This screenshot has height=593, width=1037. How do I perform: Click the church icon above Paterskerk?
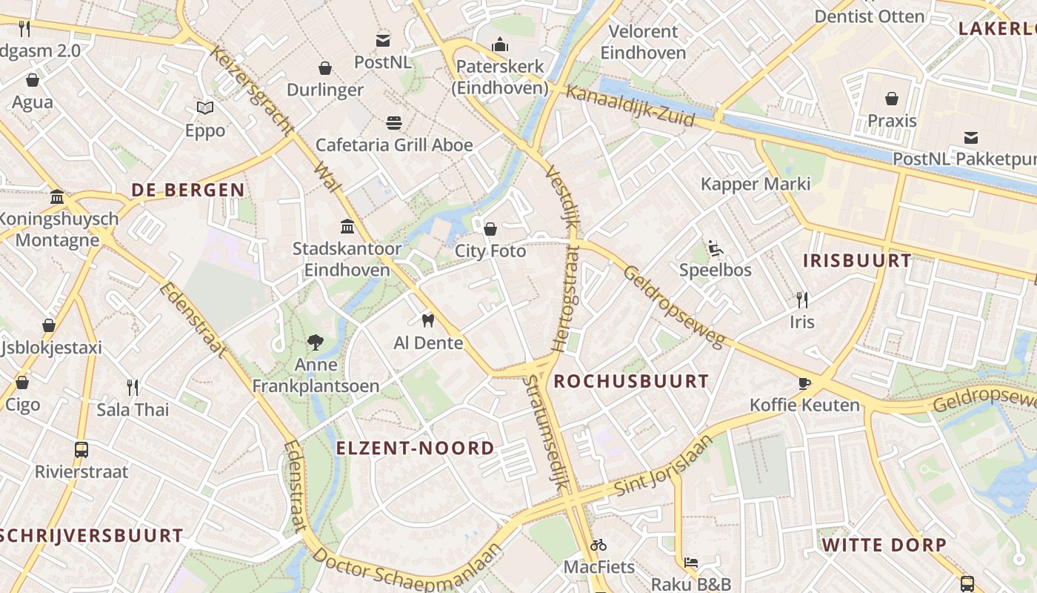pyautogui.click(x=500, y=44)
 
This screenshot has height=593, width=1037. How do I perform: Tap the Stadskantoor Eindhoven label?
pyautogui.click(x=347, y=259)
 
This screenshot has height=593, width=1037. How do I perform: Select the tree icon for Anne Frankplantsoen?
pyautogui.click(x=316, y=342)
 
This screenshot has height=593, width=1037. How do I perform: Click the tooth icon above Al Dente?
pyautogui.click(x=427, y=320)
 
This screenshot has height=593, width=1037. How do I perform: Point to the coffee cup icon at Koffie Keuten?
pyautogui.click(x=804, y=383)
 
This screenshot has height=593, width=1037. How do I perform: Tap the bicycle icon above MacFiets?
pyautogui.click(x=598, y=545)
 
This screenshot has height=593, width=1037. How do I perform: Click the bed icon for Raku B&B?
pyautogui.click(x=690, y=563)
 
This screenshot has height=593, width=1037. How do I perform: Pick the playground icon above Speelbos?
pyautogui.click(x=715, y=248)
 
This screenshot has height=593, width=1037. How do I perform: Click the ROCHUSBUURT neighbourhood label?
pyautogui.click(x=631, y=382)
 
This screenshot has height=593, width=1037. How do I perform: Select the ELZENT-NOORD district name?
pyautogui.click(x=415, y=448)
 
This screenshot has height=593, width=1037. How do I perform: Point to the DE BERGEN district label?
pyautogui.click(x=188, y=190)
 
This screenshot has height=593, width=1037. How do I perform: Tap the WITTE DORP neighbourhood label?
pyautogui.click(x=884, y=546)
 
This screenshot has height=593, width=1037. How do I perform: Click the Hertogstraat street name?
pyautogui.click(x=564, y=298)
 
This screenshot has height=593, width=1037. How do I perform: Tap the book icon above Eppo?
pyautogui.click(x=205, y=108)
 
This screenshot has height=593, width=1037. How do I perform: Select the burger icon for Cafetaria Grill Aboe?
pyautogui.click(x=393, y=122)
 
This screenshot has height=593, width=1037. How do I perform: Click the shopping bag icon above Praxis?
pyautogui.click(x=892, y=98)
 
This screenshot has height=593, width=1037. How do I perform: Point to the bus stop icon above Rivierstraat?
pyautogui.click(x=81, y=449)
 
